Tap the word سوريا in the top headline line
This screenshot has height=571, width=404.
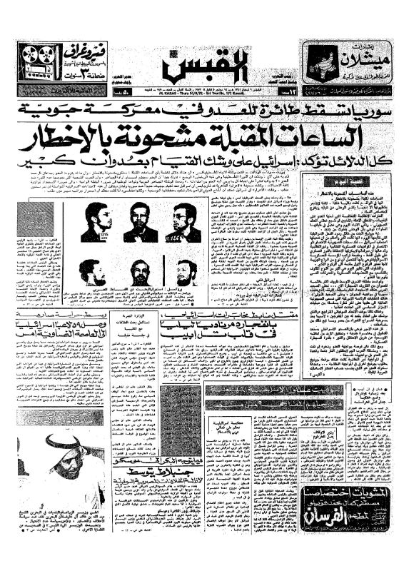360,111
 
